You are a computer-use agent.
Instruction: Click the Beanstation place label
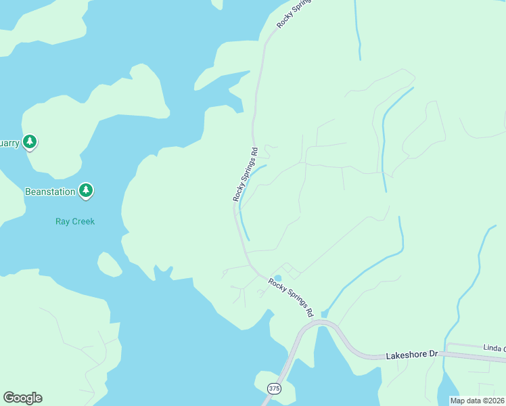tap(50, 192)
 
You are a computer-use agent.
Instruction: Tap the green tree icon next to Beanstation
tap(85, 191)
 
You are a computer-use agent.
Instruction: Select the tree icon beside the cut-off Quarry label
tap(29, 142)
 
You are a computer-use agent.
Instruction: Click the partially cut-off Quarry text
tap(9, 143)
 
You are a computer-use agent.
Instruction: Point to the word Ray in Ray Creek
tap(62, 221)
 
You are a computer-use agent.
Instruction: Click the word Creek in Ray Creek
tap(83, 221)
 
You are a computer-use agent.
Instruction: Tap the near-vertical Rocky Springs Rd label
tap(245, 175)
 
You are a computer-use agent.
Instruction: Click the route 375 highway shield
tap(274, 388)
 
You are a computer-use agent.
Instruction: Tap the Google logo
tap(22, 398)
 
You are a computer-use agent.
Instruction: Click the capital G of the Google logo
tap(9, 398)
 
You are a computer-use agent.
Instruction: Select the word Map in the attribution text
tap(458, 401)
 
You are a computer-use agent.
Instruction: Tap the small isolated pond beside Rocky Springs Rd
tap(277, 278)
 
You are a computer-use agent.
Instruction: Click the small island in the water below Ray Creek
tap(109, 264)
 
